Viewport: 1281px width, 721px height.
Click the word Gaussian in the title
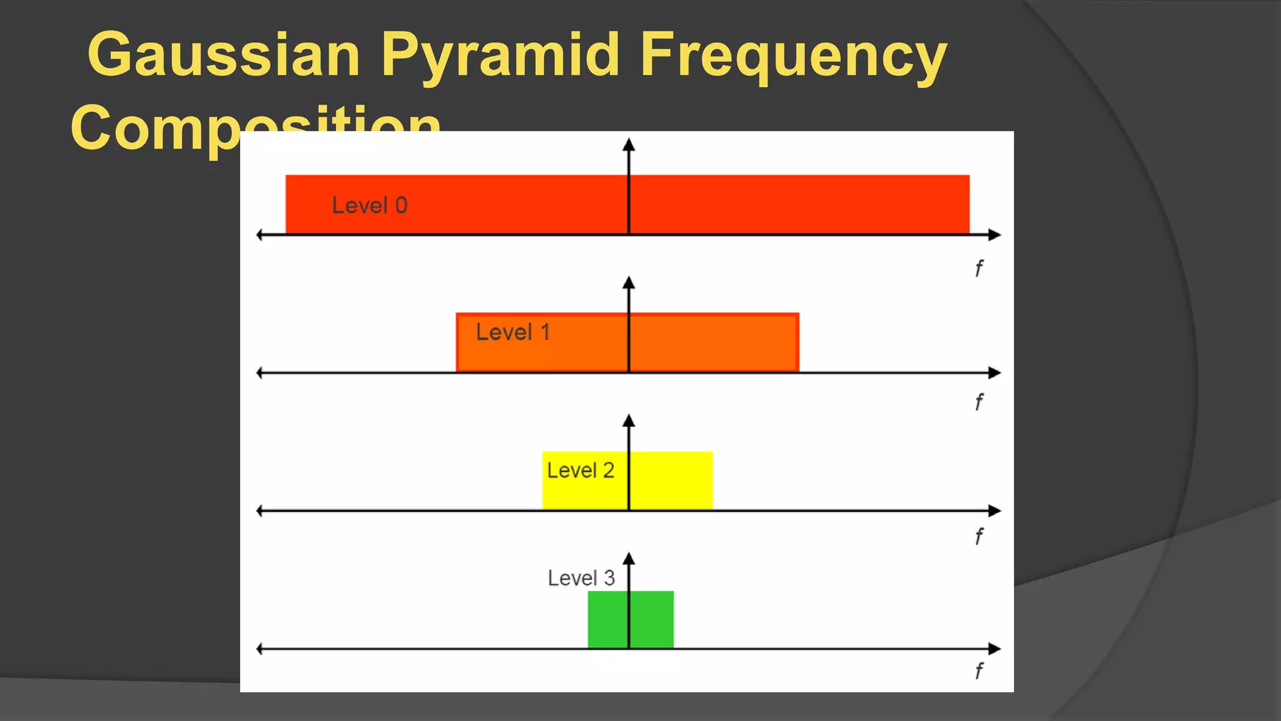[224, 55]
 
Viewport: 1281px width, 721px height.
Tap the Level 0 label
[370, 205]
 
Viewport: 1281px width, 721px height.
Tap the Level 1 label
[513, 332]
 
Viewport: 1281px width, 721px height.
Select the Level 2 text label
[580, 470]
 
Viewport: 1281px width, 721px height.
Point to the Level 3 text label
[581, 578]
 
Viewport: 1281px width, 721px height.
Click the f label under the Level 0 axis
[979, 268]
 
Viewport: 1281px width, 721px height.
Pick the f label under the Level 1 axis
[979, 402]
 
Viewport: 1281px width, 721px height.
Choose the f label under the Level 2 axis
[979, 536]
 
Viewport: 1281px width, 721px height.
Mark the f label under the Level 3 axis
[979, 671]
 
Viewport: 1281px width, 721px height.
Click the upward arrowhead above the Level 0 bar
[629, 145]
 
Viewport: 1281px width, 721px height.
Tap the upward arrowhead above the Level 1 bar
[629, 283]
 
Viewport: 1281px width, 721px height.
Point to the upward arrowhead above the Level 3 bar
[629, 559]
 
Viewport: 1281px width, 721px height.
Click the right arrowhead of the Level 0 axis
[995, 235]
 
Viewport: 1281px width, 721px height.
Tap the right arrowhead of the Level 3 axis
[995, 648]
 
